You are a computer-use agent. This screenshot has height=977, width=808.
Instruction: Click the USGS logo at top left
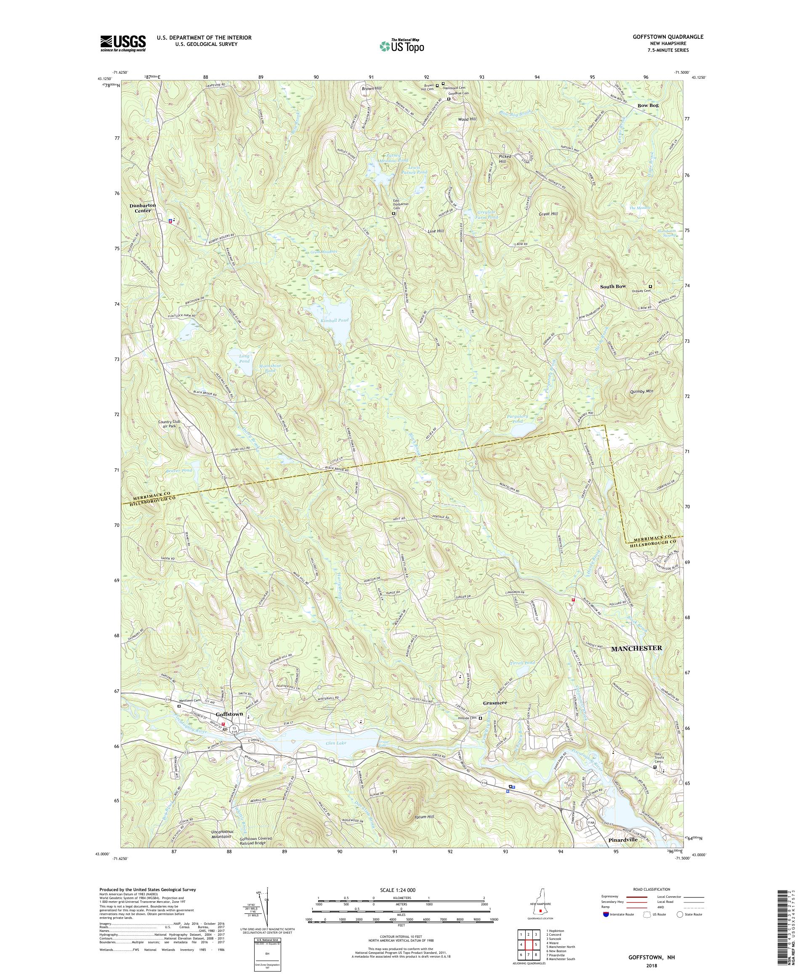(x=123, y=44)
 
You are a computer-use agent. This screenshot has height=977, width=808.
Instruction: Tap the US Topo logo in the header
(x=402, y=45)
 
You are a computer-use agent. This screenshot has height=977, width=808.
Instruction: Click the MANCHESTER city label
(x=636, y=648)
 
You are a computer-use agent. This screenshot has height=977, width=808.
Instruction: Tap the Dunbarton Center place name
(x=143, y=208)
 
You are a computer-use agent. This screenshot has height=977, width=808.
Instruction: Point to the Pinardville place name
(x=622, y=854)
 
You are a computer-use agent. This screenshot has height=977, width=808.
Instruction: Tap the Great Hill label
(x=548, y=214)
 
